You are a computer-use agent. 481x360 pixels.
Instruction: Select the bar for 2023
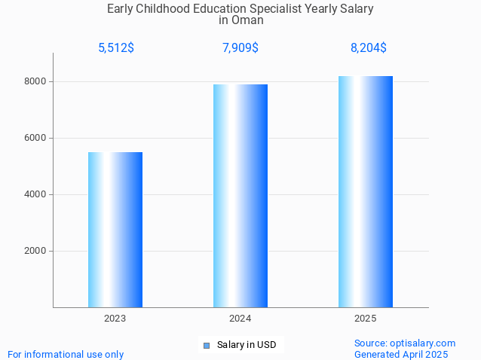[115, 230]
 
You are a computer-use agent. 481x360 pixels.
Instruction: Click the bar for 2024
[240, 196]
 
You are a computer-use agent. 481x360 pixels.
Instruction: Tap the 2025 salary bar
[366, 191]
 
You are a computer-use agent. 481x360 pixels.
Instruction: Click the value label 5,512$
[116, 48]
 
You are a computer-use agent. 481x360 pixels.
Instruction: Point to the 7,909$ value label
[240, 48]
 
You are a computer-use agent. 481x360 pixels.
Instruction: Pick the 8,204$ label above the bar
[369, 48]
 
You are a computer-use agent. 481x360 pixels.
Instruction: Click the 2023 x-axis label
[115, 319]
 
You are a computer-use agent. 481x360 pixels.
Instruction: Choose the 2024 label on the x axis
[240, 319]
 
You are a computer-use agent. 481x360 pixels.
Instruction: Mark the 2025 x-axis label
[366, 319]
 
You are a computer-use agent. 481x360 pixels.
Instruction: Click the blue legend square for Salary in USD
[207, 346]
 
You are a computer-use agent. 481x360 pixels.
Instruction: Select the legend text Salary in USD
[247, 346]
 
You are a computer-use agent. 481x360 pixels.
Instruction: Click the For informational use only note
[66, 354]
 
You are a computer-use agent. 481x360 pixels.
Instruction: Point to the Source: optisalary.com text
[405, 343]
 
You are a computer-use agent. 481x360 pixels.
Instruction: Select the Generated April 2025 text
[401, 354]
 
